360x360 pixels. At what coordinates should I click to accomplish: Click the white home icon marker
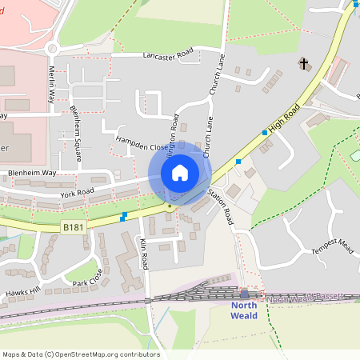point(180,173)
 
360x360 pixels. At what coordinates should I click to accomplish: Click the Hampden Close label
point(142,147)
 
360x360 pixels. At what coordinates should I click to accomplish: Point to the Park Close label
point(87,282)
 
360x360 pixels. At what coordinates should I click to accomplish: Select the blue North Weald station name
point(245,311)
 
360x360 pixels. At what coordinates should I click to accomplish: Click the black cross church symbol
point(304,63)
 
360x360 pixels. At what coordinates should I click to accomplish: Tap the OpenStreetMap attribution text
point(80,354)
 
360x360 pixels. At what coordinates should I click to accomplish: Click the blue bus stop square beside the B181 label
point(123,216)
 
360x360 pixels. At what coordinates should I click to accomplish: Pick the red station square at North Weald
point(258,295)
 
